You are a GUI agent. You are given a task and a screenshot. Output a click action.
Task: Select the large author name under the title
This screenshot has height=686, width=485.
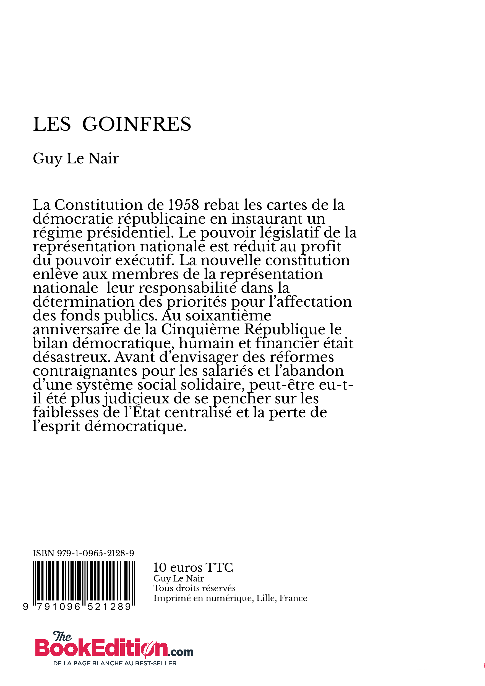click(x=76, y=158)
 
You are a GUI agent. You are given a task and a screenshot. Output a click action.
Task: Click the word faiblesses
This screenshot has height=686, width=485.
click(x=66, y=413)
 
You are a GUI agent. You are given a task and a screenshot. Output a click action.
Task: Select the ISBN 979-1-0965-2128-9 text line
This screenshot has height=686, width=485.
click(x=84, y=553)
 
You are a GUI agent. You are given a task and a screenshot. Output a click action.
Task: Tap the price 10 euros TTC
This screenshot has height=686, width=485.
click(x=193, y=567)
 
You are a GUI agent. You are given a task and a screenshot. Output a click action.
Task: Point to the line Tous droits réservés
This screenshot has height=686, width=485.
click(x=195, y=588)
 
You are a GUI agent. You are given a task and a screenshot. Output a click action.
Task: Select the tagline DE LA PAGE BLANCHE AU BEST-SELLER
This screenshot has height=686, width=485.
click(x=115, y=663)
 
